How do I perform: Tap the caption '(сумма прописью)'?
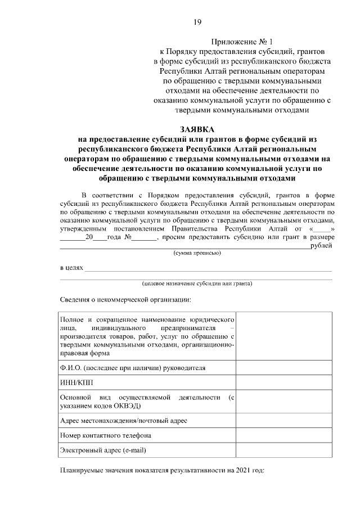196,253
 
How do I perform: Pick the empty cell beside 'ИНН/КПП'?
284,382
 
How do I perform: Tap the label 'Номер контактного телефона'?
105,435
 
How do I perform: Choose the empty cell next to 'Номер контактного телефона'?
284,435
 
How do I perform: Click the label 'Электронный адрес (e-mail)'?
103,449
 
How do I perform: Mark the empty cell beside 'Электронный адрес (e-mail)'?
284,449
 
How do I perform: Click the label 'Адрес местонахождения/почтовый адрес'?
123,420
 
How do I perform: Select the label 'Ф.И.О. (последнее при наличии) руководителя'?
132,368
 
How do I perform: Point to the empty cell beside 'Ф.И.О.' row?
284,368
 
